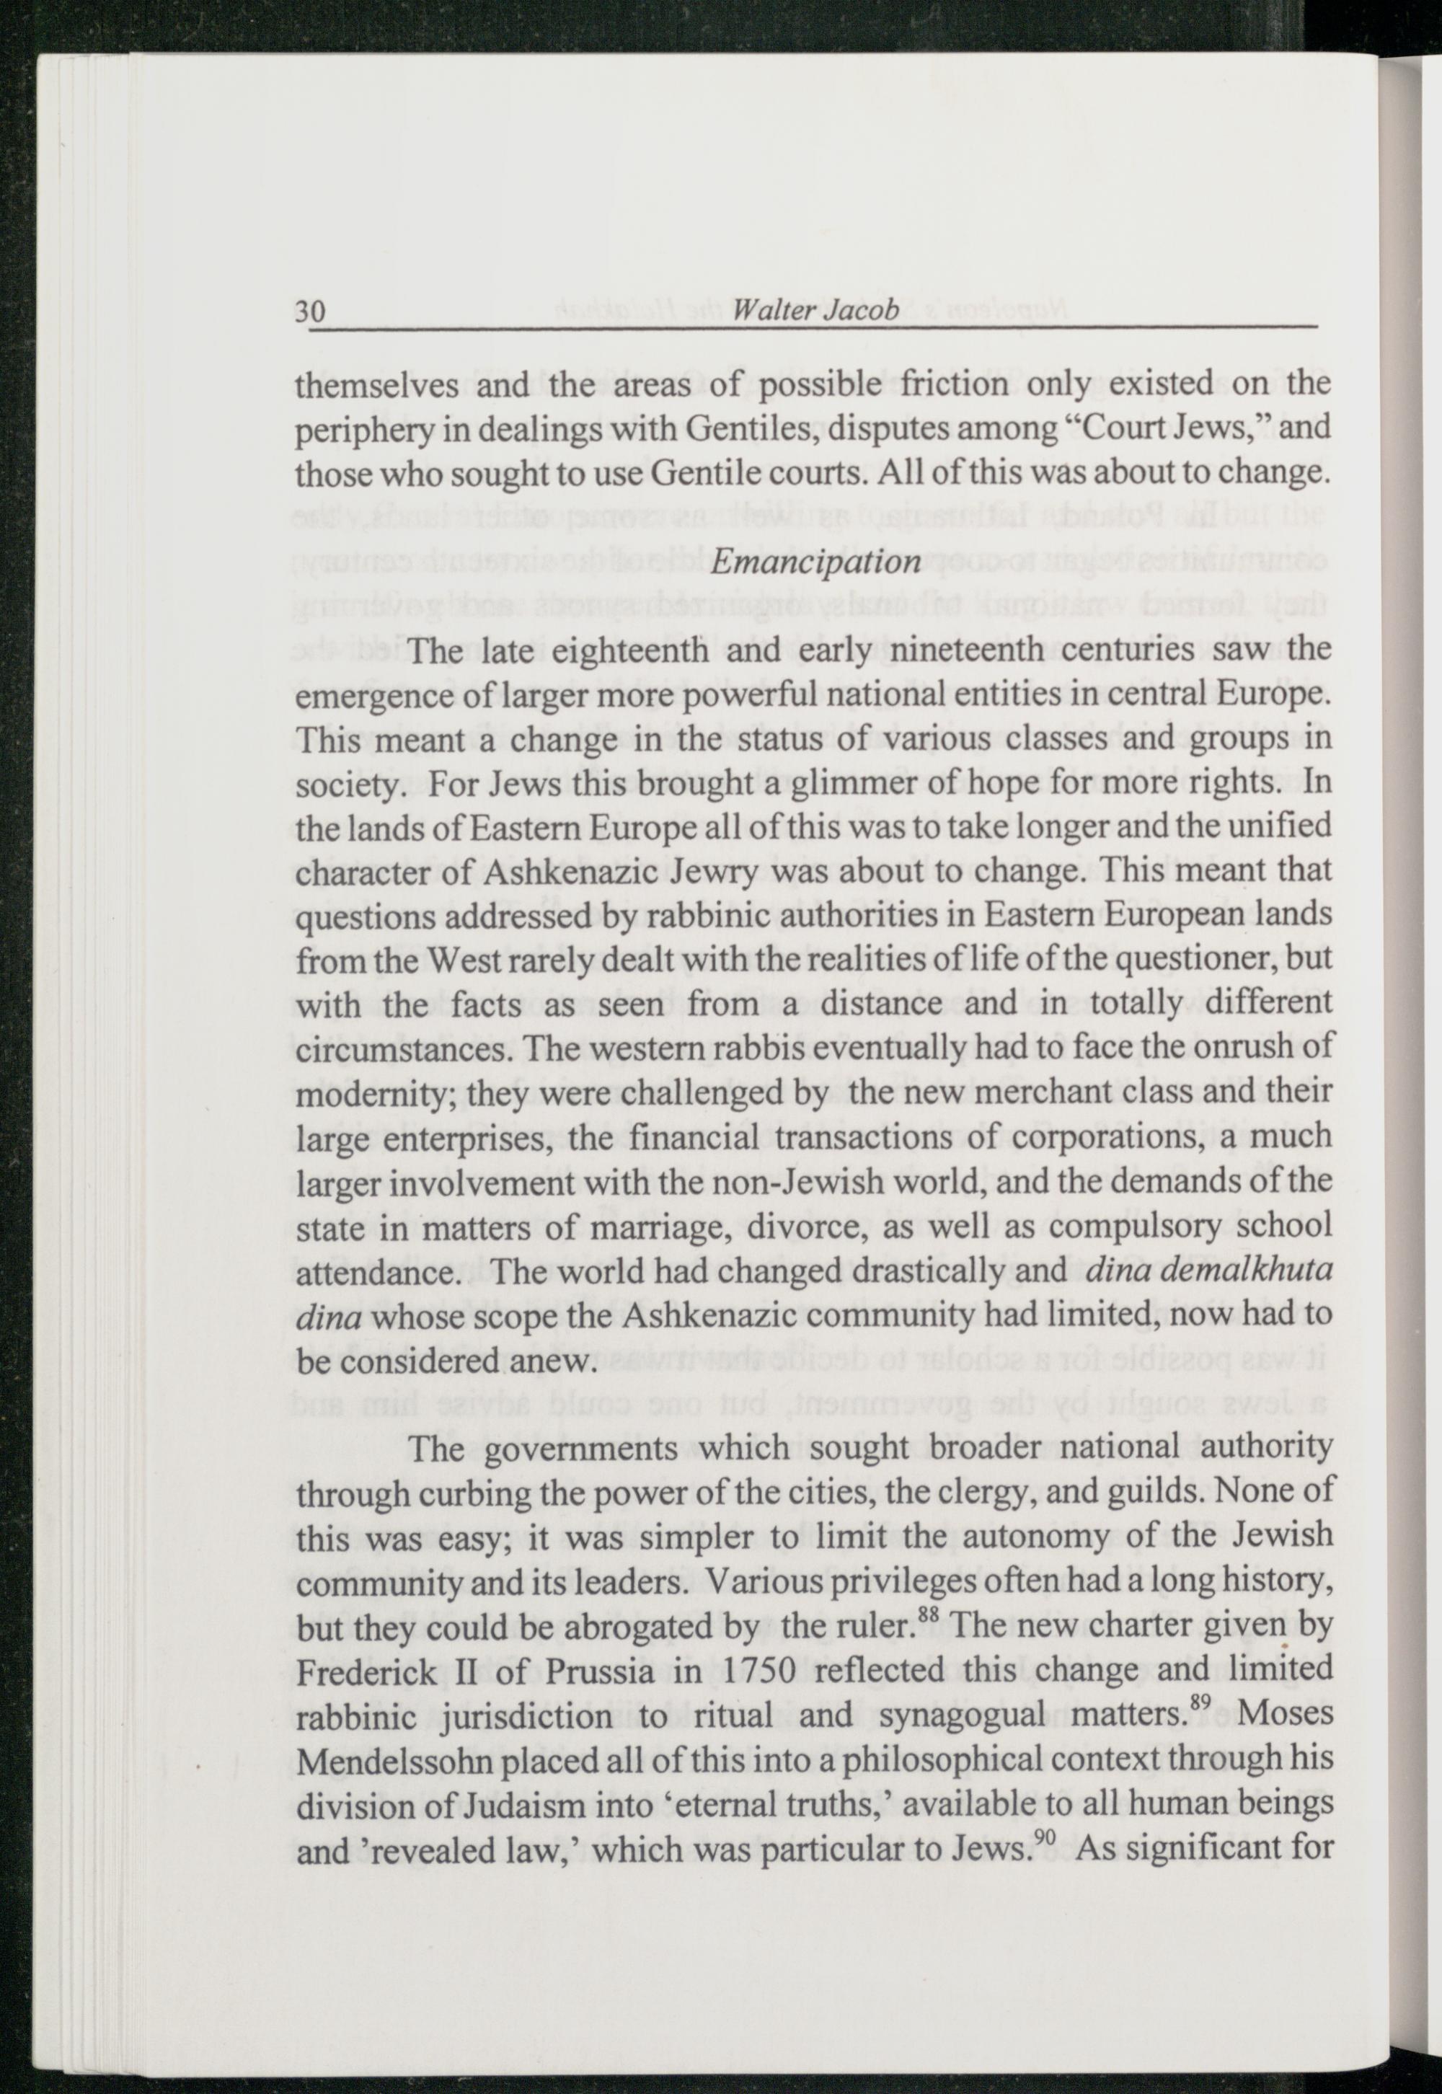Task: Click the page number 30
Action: [x=310, y=311]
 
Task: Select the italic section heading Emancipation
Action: [x=815, y=562]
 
